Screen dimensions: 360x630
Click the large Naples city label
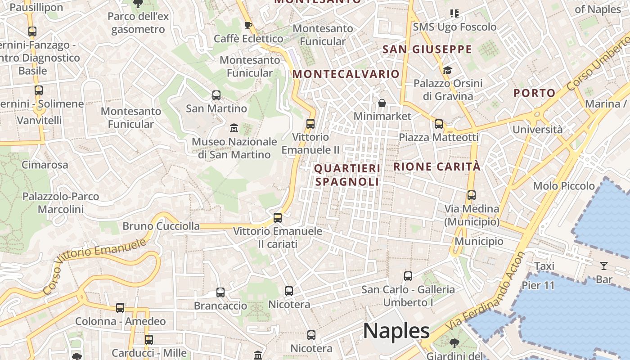click(396, 331)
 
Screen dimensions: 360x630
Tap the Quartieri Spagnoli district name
click(347, 175)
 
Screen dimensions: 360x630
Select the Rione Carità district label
click(437, 166)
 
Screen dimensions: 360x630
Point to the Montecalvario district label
click(346, 74)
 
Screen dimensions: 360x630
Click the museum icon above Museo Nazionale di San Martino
click(234, 128)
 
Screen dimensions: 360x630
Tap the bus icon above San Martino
click(216, 95)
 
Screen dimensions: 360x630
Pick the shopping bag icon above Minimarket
click(382, 103)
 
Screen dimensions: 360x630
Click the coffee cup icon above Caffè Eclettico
click(248, 25)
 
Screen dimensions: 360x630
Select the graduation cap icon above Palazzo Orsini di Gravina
click(447, 70)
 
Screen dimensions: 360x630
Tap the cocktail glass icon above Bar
click(603, 266)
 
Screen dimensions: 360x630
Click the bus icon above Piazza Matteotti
click(439, 124)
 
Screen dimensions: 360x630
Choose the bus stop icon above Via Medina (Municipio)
click(472, 195)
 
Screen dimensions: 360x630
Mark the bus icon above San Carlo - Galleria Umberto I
click(408, 276)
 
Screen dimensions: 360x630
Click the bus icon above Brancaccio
click(220, 292)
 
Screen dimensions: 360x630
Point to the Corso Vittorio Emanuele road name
click(95, 267)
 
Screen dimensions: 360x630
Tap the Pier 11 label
click(538, 285)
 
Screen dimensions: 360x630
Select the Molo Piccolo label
click(564, 186)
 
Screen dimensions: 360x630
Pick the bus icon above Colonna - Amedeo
click(120, 308)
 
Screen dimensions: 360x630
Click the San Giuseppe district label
click(427, 49)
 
